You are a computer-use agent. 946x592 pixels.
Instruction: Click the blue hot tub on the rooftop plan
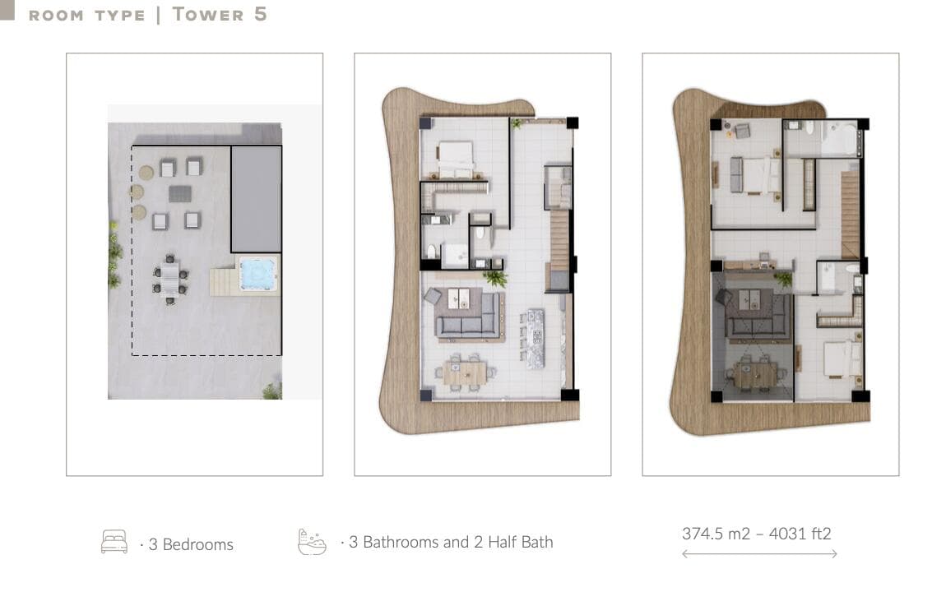258,274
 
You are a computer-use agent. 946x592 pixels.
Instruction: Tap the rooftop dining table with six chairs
170,279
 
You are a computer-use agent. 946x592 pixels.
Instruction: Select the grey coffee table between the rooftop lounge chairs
180,193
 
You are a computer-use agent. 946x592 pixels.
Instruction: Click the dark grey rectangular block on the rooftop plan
257,199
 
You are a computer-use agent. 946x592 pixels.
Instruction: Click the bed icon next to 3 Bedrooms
114,541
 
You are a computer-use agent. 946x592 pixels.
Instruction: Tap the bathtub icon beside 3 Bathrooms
312,541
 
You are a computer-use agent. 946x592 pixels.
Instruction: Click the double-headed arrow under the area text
759,553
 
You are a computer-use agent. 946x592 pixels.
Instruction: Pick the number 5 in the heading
260,14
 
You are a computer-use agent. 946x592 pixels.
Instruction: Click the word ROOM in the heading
55,16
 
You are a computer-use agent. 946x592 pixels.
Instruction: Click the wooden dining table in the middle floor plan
465,372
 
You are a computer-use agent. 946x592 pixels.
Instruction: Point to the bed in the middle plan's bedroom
456,160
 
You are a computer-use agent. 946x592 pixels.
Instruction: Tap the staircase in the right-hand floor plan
850,215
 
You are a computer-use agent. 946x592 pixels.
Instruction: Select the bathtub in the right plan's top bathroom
840,138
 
